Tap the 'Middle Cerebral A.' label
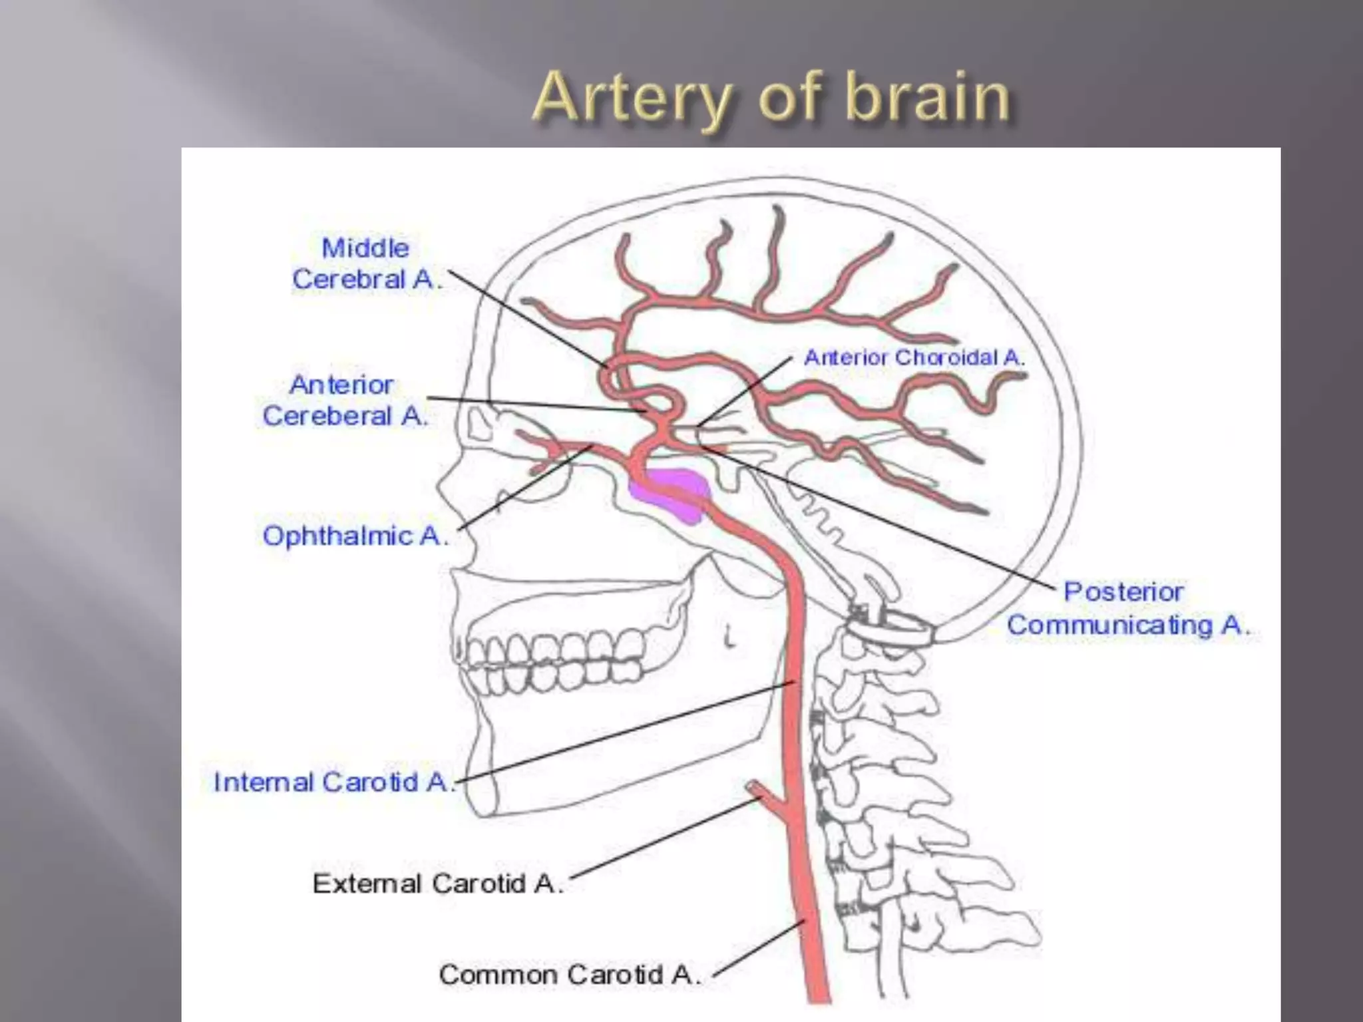click(x=366, y=263)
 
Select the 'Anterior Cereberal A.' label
click(x=343, y=401)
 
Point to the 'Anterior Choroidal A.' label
click(x=914, y=358)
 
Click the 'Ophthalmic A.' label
click(x=354, y=536)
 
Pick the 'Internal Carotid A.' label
click(x=333, y=782)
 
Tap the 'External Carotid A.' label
click(x=437, y=884)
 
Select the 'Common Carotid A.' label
click(x=569, y=975)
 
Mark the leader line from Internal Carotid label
click(x=626, y=732)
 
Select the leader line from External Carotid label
click(x=666, y=840)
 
